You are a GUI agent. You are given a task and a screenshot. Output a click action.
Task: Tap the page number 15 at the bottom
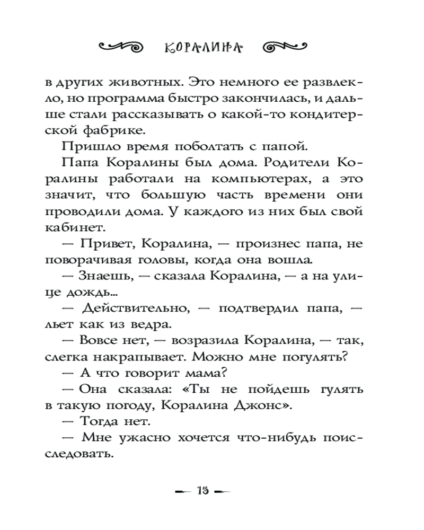click(x=204, y=491)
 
